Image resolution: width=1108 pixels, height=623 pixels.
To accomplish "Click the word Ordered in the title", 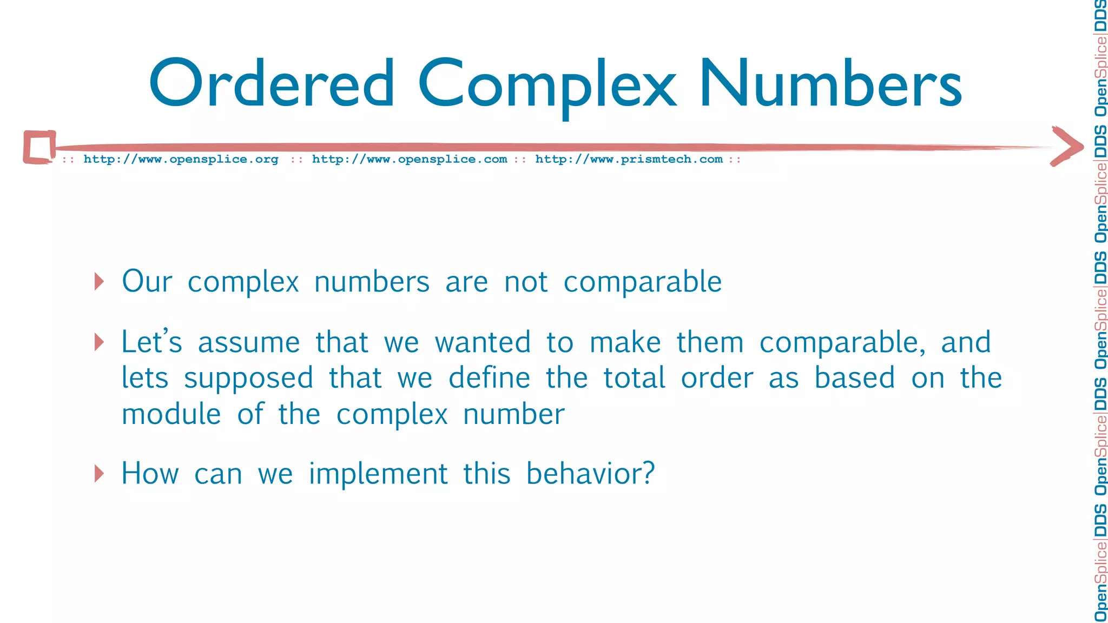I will click(x=272, y=84).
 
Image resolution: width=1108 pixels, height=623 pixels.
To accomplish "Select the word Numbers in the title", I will click(x=830, y=84).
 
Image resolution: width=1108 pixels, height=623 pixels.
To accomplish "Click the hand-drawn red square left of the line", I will click(x=39, y=147).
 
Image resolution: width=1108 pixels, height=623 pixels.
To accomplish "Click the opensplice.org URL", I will click(x=181, y=159).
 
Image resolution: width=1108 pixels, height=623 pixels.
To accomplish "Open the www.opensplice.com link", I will click(x=410, y=159).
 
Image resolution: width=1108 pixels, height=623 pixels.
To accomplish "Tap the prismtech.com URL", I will click(x=629, y=159).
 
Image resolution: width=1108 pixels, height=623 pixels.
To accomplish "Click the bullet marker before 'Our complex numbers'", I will click(x=99, y=281).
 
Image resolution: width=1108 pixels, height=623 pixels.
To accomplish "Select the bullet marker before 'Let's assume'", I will click(x=99, y=342).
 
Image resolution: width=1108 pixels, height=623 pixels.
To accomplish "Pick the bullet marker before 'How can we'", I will click(x=99, y=473).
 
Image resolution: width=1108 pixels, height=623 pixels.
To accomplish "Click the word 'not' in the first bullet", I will click(x=526, y=282).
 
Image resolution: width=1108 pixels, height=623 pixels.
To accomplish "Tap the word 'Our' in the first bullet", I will click(x=147, y=281).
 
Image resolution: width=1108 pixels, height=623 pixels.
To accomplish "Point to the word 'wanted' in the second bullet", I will click(x=483, y=343).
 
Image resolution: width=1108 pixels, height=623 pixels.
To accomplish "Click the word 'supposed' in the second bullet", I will click(x=248, y=379).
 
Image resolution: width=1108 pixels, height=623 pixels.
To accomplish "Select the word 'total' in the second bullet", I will click(x=634, y=377).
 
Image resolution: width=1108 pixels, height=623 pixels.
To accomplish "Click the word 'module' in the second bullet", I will click(x=172, y=414).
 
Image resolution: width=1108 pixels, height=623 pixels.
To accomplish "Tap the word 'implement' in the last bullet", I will click(x=378, y=474).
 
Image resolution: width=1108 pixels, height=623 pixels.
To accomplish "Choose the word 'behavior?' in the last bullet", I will click(x=590, y=474).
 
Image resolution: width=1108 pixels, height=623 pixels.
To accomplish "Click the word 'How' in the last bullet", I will click(x=150, y=474).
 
